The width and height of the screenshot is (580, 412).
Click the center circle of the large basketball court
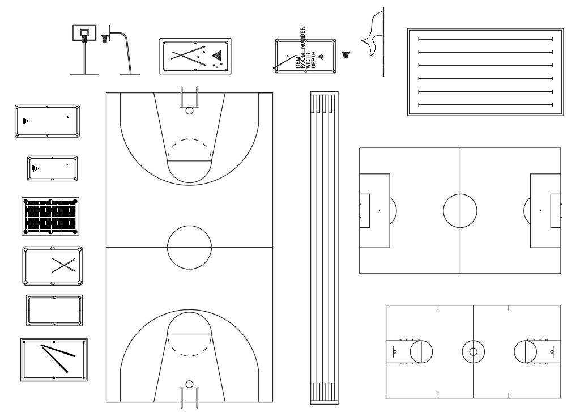[x=189, y=247]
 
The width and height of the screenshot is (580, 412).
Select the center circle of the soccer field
[x=459, y=210]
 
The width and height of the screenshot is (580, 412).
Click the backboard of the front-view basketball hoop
[x=84, y=33]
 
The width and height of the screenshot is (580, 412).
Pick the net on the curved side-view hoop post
[x=105, y=39]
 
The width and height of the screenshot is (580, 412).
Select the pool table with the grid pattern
[x=50, y=216]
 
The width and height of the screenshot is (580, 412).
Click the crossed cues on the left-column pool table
[x=63, y=265]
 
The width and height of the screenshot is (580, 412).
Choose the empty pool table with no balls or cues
[x=54, y=311]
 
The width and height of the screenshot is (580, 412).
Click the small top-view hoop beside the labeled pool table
[x=346, y=55]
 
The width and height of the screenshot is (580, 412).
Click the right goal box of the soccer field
[x=555, y=210]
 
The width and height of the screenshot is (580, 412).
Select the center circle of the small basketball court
[x=473, y=351]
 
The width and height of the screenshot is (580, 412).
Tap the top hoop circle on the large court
[x=189, y=111]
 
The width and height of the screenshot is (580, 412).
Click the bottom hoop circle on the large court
[x=189, y=384]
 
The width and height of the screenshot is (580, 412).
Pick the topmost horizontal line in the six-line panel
[x=485, y=39]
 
